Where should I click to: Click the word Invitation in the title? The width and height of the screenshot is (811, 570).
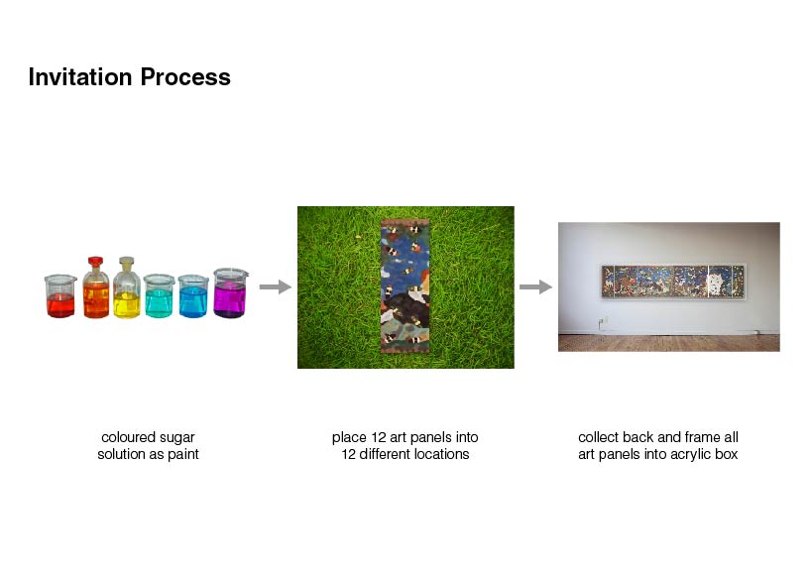tap(80, 77)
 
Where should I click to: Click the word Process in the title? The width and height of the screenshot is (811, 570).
tap(185, 77)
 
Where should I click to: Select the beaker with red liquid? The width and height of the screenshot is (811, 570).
tap(60, 296)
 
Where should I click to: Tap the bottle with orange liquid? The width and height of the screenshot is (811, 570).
tap(96, 287)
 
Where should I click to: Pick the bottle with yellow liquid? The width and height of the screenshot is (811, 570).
tap(127, 287)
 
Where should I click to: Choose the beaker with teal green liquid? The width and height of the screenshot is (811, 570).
tap(160, 295)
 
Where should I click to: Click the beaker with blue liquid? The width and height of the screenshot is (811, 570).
tap(193, 296)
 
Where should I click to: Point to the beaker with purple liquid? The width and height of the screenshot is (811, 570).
tap(231, 292)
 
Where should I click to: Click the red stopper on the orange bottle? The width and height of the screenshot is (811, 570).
tap(95, 261)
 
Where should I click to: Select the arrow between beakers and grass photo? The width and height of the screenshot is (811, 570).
tap(276, 286)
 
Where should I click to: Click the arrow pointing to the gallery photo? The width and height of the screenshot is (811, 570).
tap(535, 286)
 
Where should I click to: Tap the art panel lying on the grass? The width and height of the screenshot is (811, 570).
tap(405, 286)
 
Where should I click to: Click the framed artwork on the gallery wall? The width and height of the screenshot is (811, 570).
tap(673, 281)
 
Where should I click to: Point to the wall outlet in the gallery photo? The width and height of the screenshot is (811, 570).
tap(602, 323)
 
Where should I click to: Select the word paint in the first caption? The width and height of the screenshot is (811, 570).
tap(183, 455)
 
